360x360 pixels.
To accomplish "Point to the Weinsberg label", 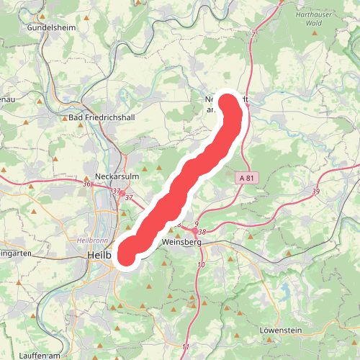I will point(182,243).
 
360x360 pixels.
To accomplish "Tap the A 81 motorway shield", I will point(246,177).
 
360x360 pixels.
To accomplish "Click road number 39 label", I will point(315,192).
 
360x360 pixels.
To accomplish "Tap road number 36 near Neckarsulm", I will point(87,184).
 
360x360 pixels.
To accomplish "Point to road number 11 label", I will point(186,348).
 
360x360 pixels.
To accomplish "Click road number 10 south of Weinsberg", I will point(200,266).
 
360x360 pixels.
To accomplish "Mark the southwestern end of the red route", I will point(126,253).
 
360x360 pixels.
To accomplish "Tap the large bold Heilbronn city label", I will point(98,256).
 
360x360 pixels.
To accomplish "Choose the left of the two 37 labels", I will point(115,191).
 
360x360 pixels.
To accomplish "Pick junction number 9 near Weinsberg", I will point(196,225).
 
